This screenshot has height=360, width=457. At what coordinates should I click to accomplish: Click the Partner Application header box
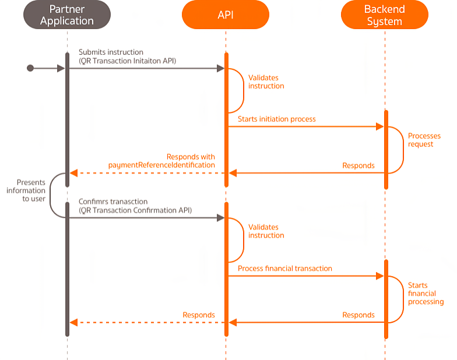point(66,15)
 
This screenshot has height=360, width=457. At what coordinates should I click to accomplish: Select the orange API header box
point(225,15)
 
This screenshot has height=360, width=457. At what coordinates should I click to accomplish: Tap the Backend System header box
point(384,15)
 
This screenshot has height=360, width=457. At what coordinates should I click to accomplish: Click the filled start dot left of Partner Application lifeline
point(30,69)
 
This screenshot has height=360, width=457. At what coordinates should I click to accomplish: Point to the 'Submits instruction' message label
point(111,52)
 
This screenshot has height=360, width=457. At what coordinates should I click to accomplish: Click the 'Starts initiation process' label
point(276,119)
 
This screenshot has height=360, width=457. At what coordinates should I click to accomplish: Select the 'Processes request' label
point(424,140)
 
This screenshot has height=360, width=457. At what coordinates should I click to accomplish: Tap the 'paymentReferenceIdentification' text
point(161,165)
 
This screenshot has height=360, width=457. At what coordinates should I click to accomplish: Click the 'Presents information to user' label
point(26,190)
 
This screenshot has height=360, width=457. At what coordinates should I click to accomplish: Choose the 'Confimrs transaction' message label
point(113,202)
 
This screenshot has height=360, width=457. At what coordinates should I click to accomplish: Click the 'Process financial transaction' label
point(284,269)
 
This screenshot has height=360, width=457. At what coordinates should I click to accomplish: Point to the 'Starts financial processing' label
point(426,294)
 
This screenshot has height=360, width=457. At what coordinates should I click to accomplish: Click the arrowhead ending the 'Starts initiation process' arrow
point(379,126)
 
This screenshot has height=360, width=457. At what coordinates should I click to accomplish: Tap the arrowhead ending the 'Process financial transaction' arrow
point(379,276)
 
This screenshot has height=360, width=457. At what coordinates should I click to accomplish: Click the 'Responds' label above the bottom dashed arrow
point(198,315)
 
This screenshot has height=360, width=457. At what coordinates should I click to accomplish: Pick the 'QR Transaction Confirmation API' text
point(135,210)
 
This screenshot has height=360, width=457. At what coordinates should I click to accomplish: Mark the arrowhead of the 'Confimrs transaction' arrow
point(220,218)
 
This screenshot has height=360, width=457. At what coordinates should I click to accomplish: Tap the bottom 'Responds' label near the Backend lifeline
point(358,315)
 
